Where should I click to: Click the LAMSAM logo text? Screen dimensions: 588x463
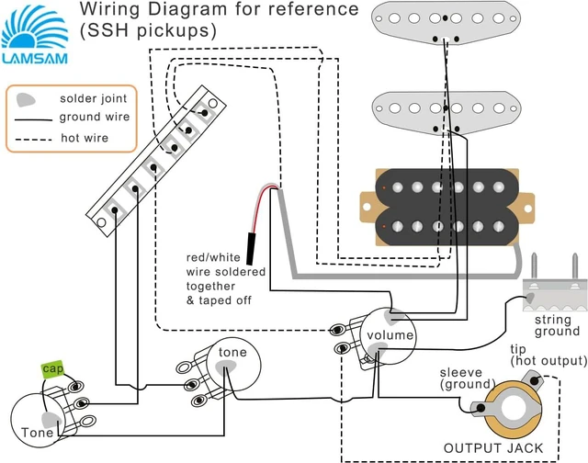pos(35,58)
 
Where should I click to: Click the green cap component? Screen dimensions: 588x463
pos(52,369)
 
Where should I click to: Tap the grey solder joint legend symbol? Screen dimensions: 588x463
pos(26,100)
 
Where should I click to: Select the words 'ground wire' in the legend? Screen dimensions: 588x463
pos(95,117)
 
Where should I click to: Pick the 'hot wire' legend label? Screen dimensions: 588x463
pos(85,138)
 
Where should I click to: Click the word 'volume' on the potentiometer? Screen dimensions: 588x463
pos(390,334)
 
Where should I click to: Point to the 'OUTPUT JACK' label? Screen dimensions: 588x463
pos(493,448)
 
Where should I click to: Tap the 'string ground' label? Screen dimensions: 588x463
pos(558,326)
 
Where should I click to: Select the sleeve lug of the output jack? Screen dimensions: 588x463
pos(481,408)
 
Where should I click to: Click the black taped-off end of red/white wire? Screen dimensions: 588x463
pos(249,249)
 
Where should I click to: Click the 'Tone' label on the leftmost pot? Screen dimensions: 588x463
pos(37,433)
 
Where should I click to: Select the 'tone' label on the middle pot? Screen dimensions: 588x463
pos(232,352)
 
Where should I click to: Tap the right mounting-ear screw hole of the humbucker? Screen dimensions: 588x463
pos(527,208)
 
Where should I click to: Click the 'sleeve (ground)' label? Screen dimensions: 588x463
pos(464,378)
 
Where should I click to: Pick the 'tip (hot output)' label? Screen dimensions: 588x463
pos(548,355)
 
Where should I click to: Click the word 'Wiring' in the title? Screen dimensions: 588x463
pos(110,9)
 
